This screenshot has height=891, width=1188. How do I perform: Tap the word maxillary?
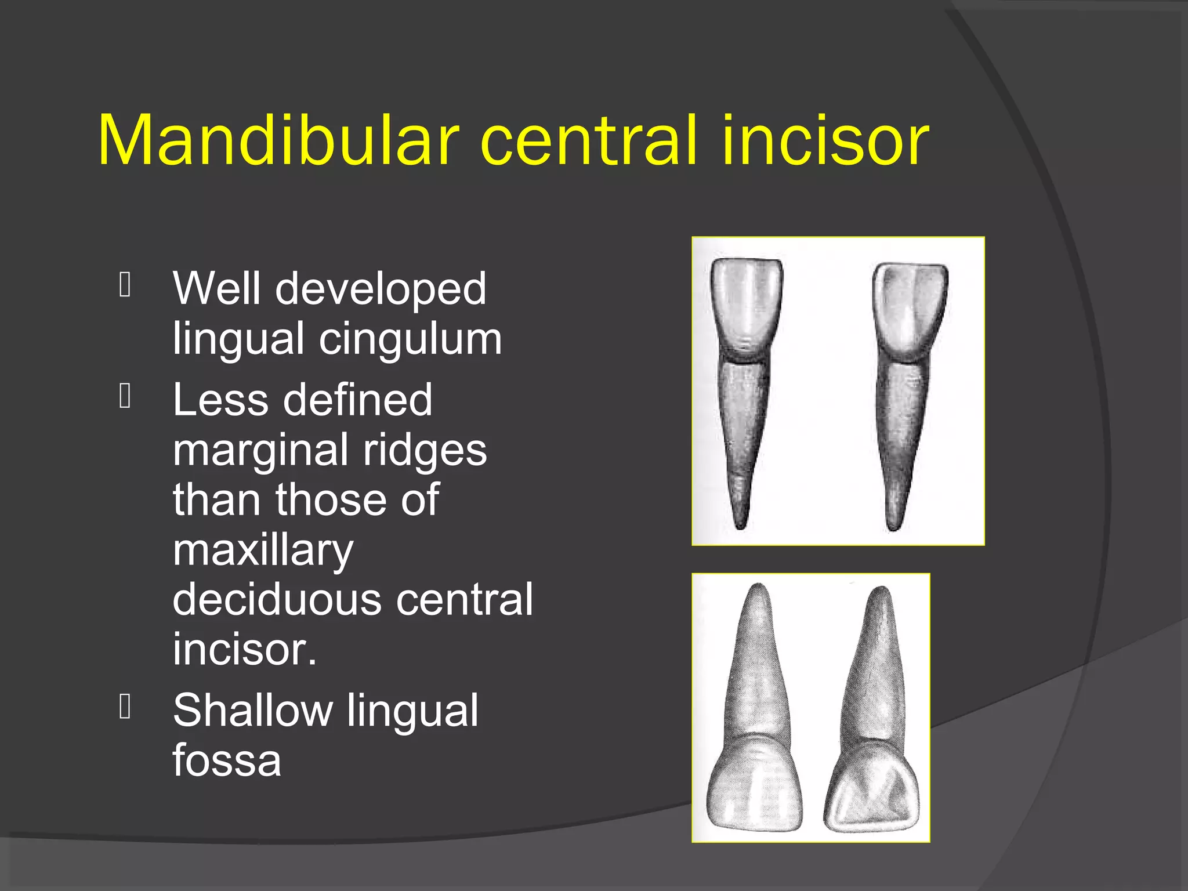(x=263, y=550)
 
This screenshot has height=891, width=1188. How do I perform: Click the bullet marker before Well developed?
(x=125, y=285)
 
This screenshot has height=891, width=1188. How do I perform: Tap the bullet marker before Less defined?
(x=125, y=397)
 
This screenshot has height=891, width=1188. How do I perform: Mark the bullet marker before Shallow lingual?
(x=125, y=707)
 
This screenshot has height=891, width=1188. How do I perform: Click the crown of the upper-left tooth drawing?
(x=747, y=305)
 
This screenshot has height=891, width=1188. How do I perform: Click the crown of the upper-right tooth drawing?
(x=909, y=307)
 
